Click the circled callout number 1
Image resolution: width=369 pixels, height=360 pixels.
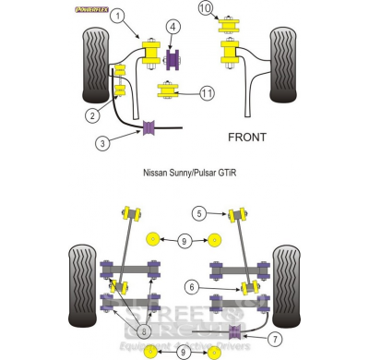pyautogui.click(x=116, y=17)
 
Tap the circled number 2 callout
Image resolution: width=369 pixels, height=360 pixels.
pyautogui.click(x=93, y=115)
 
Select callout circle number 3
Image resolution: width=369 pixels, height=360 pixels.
pyautogui.click(x=103, y=143)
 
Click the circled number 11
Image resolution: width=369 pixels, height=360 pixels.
pyautogui.click(x=206, y=93)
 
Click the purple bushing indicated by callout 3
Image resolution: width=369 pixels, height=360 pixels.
pyautogui.click(x=148, y=126)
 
